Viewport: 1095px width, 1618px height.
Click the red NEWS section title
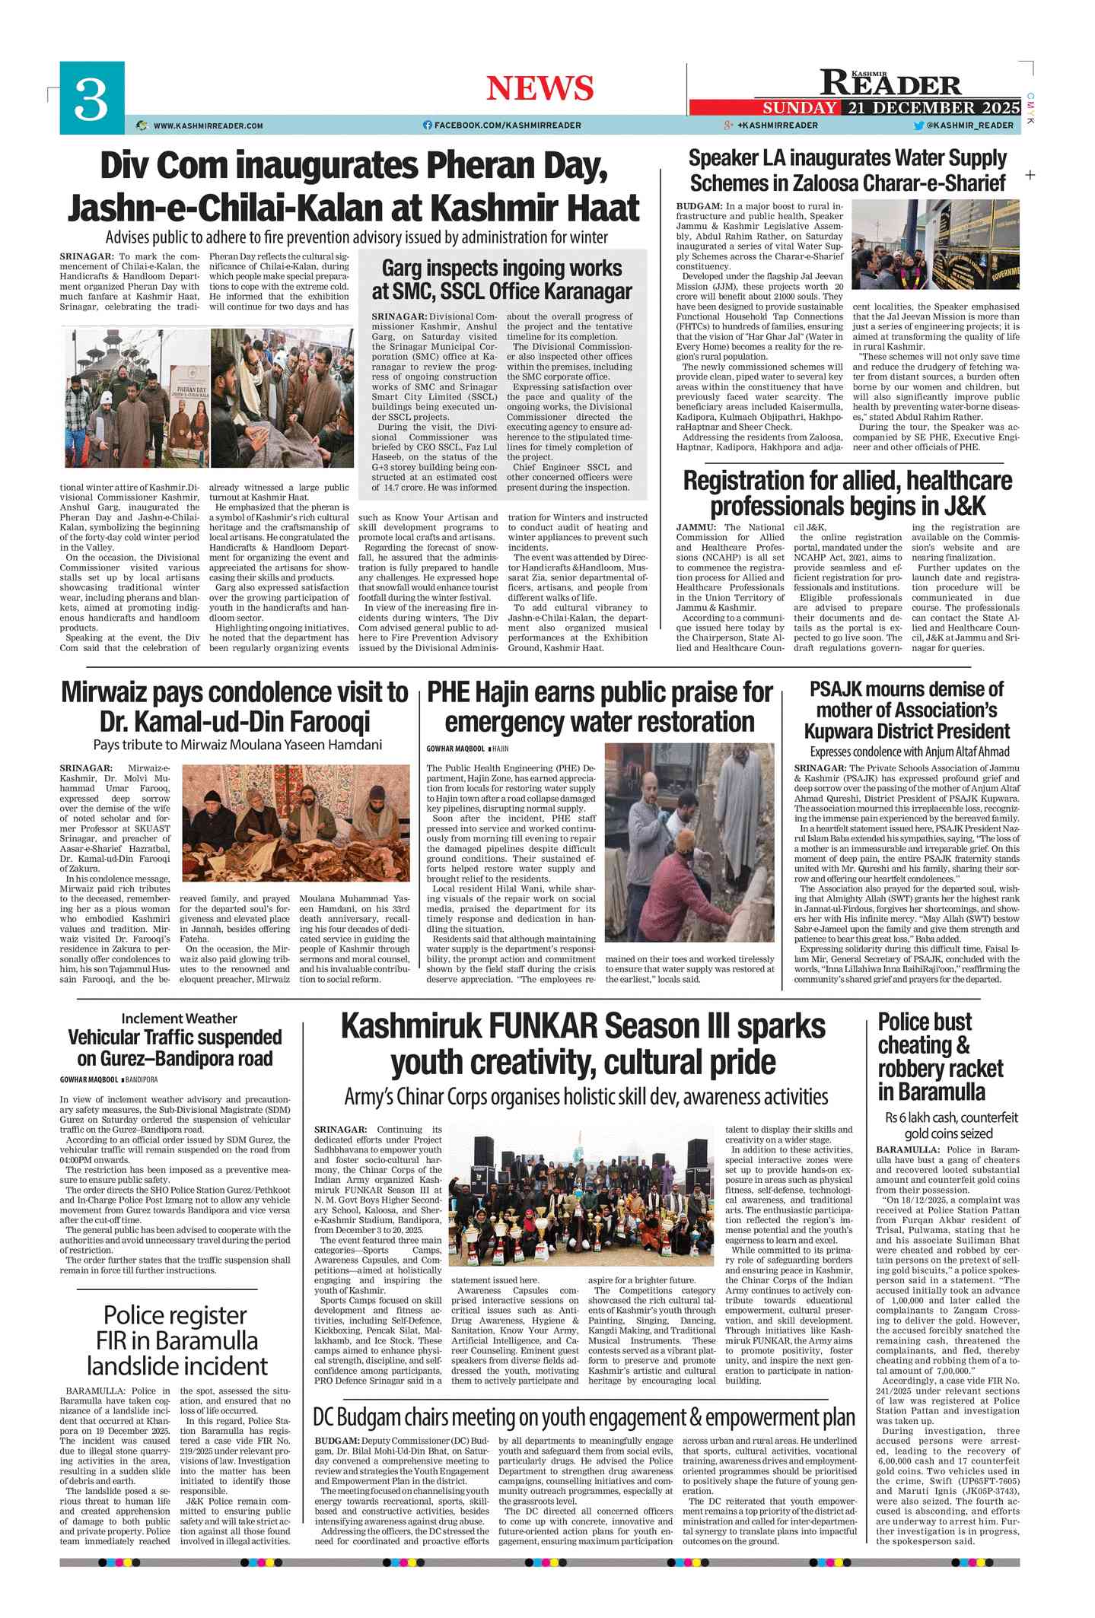click(x=540, y=88)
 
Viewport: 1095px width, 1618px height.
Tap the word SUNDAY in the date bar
click(x=799, y=107)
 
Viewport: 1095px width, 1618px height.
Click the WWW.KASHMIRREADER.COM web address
click(x=208, y=126)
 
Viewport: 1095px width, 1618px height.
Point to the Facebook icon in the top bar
click(x=427, y=126)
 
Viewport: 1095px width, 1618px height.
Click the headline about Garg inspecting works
click(x=501, y=279)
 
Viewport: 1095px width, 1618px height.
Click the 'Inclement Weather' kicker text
click(x=179, y=1019)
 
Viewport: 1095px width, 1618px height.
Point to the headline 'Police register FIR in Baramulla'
click(x=177, y=1340)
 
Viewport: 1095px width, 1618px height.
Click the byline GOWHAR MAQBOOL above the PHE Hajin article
click(x=455, y=749)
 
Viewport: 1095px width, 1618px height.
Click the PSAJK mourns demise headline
click(x=906, y=710)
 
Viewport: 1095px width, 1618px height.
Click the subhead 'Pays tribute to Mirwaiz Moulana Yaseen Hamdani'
click(x=237, y=745)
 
